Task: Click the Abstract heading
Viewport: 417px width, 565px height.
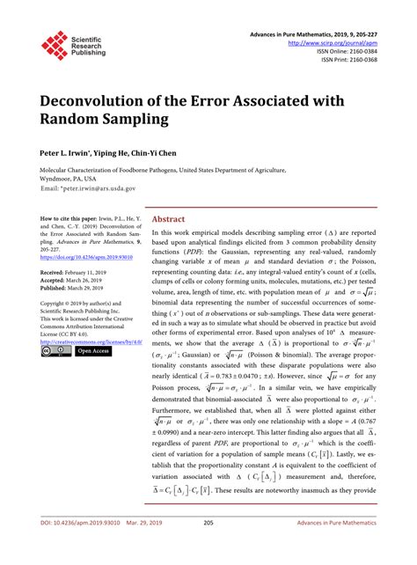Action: (169, 219)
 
